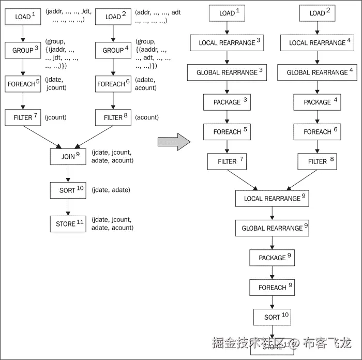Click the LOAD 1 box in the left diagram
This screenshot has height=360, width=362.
pyautogui.click(x=23, y=17)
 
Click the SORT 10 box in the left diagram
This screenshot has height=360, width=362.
pyautogui.click(x=68, y=190)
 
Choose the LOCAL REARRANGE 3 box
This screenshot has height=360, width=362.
pyautogui.click(x=227, y=43)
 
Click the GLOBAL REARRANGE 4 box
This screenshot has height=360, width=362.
pyautogui.click(x=317, y=72)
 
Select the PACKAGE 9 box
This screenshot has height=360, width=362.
pyautogui.click(x=272, y=258)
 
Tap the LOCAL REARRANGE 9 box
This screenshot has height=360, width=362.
pyautogui.click(x=272, y=198)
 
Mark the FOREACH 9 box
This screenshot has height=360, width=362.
pyautogui.click(x=272, y=287)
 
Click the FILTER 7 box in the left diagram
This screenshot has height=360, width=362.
pyautogui.click(x=23, y=117)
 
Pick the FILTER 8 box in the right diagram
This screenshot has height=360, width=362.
pyautogui.click(x=317, y=161)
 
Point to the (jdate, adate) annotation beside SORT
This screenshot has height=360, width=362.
pyautogui.click(x=111, y=190)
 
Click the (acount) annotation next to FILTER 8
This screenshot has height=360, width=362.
pyautogui.click(x=147, y=117)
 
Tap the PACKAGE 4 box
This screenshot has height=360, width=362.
pyautogui.click(x=317, y=102)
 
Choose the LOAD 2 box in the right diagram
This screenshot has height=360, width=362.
pyautogui.click(x=317, y=13)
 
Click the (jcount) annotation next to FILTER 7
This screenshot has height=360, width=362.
pyautogui.click(x=56, y=117)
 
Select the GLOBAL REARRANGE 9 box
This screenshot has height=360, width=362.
pyautogui.click(x=272, y=228)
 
